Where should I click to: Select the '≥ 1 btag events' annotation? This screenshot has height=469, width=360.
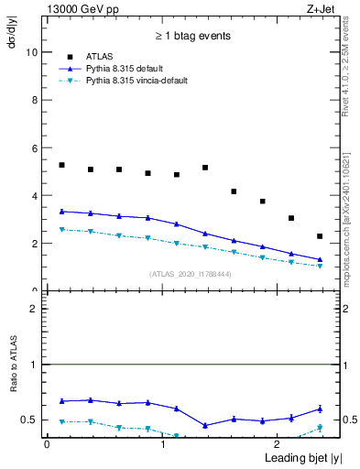point(191,37)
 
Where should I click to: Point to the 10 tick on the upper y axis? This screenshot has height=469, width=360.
point(34,52)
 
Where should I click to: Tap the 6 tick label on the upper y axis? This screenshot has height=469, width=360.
point(36,147)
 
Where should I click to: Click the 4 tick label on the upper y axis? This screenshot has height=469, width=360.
point(36,195)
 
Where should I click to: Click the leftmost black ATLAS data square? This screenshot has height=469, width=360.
point(61,165)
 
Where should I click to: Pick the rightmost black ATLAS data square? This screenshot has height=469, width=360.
point(320,236)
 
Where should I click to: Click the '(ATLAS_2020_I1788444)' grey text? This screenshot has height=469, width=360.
point(191,273)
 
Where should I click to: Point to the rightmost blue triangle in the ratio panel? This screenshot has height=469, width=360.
point(320,409)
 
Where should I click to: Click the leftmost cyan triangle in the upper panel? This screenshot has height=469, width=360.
point(61,230)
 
